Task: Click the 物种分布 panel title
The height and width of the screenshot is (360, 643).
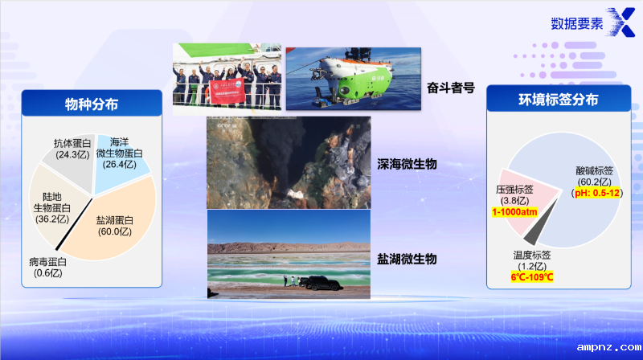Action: click(92, 102)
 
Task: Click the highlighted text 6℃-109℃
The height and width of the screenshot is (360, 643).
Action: click(531, 277)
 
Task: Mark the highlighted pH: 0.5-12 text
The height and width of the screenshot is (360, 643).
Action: click(596, 194)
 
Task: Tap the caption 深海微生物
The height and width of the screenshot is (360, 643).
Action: click(407, 163)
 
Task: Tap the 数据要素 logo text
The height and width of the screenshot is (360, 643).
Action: click(576, 23)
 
